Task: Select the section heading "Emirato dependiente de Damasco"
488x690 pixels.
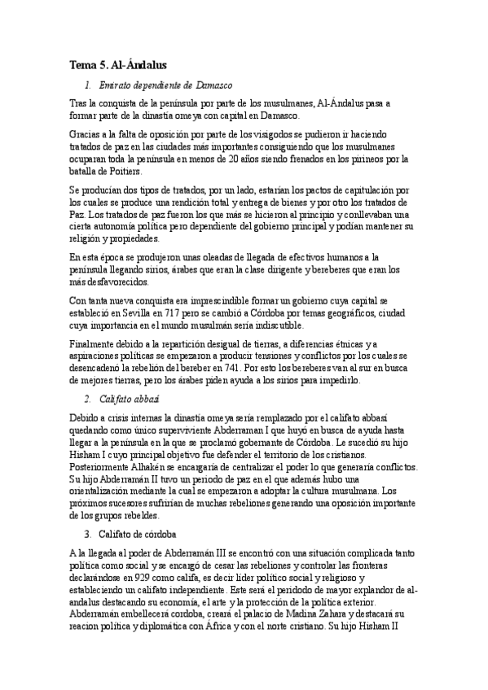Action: (165, 85)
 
